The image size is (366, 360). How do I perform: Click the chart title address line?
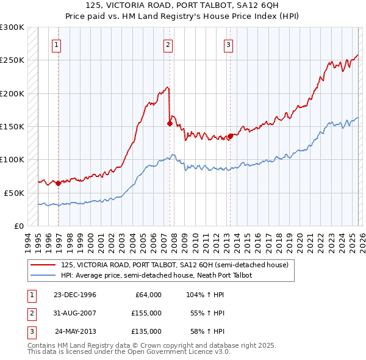pyautogui.click(x=183, y=5)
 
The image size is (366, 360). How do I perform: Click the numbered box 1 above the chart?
pyautogui.click(x=56, y=44)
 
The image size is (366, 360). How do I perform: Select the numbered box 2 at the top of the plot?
pyautogui.click(x=168, y=44)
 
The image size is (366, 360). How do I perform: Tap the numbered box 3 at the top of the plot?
pyautogui.click(x=228, y=44)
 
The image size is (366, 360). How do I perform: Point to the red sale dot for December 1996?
pyautogui.click(x=58, y=183)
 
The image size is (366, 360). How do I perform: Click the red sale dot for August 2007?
pyautogui.click(x=170, y=123)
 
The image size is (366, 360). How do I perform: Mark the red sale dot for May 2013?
pyautogui.click(x=230, y=136)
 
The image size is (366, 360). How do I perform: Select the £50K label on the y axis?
pyautogui.click(x=14, y=193)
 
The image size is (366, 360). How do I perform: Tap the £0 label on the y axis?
pyautogui.click(x=19, y=226)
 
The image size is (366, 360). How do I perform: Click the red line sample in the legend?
pyautogui.click(x=44, y=265)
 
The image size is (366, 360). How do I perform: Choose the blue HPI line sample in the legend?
pyautogui.click(x=44, y=275)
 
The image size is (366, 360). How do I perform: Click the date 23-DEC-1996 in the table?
pyautogui.click(x=74, y=295)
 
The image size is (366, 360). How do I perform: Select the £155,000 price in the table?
pyautogui.click(x=146, y=313)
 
